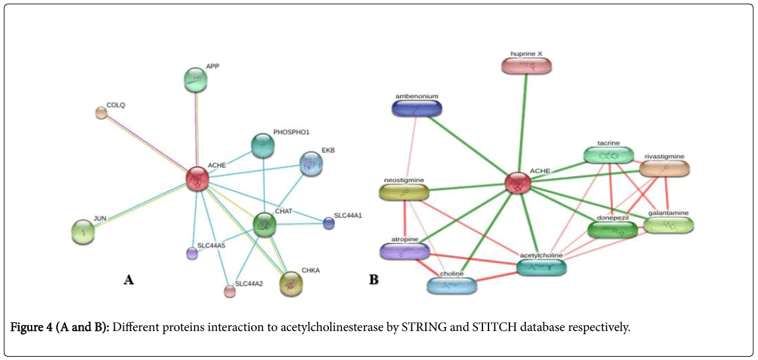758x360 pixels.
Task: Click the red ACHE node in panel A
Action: (196, 178)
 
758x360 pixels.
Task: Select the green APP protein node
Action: (195, 80)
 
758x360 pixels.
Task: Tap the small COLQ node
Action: (101, 113)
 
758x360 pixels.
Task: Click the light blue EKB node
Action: (311, 164)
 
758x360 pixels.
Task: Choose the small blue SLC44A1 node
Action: (328, 224)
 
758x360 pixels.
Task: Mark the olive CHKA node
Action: (291, 284)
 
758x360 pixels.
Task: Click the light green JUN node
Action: (83, 231)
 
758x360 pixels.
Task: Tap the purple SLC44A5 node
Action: (192, 253)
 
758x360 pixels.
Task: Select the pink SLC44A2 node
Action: (229, 291)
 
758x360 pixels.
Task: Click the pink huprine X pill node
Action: (526, 66)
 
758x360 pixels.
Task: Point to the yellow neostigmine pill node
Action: (404, 193)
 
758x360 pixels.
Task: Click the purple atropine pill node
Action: (404, 251)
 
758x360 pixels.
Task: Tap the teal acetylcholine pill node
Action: (541, 267)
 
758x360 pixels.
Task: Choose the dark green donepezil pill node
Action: (612, 229)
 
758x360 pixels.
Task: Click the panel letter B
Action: (374, 280)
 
